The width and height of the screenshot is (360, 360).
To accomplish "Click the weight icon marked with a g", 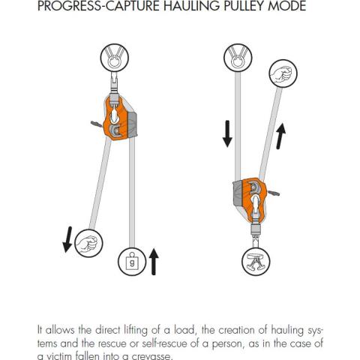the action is tap(132, 261).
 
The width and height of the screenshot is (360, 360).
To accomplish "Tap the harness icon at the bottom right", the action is tap(256, 262).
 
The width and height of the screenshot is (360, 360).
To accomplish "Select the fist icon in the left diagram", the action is tap(88, 243).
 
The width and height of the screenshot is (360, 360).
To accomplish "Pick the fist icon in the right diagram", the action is tap(283, 73).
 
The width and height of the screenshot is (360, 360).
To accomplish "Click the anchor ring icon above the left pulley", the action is tap(115, 58).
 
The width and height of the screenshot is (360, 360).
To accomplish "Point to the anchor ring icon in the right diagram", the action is tap(238, 58).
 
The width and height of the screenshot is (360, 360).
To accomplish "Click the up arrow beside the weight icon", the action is tap(154, 262).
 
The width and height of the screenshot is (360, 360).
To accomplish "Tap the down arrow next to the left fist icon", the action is tap(67, 239).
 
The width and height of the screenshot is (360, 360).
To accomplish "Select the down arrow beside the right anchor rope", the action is tap(227, 133).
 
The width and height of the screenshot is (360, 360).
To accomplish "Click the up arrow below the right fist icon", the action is tap(281, 136).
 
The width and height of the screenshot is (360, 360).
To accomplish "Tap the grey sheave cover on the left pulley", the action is tap(132, 124).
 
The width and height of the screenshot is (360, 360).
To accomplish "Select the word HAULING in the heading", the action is tap(193, 5).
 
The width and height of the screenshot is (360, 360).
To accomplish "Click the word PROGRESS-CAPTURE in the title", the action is tap(99, 5).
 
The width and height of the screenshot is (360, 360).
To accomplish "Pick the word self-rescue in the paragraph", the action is tap(164, 343).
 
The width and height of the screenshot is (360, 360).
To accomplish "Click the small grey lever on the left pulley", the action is tap(97, 124).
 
